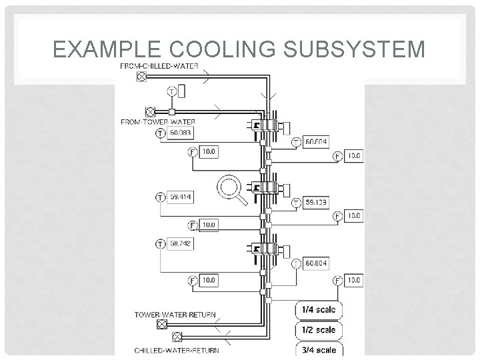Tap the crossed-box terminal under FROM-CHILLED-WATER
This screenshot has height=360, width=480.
[141, 77]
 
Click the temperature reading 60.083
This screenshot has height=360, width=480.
[179, 133]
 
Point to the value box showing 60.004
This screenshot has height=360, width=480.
[316, 141]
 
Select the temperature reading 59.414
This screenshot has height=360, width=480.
[180, 197]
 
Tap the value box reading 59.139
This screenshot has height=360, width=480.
[315, 201]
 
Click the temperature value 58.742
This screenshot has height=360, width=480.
[180, 244]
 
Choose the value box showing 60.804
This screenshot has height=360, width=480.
[316, 264]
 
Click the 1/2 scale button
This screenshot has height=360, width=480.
[319, 330]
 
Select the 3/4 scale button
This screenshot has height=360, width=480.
[319, 349]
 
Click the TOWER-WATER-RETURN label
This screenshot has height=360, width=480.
[175, 314]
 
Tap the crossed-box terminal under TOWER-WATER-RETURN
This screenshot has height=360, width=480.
[161, 325]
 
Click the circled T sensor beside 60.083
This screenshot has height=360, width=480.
[160, 133]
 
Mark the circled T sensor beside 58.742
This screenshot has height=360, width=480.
[160, 244]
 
